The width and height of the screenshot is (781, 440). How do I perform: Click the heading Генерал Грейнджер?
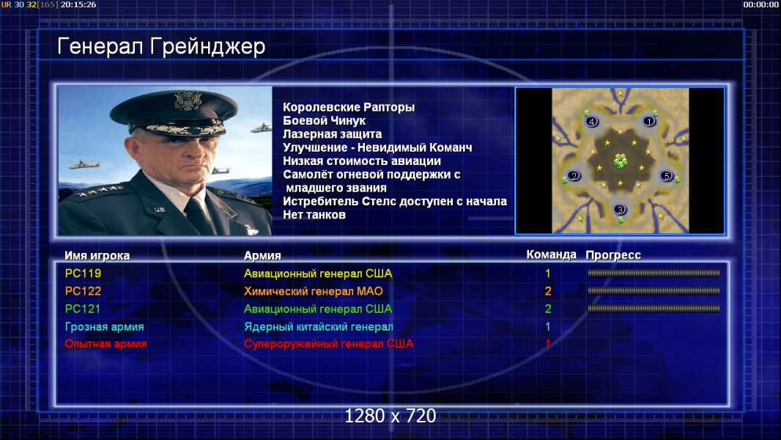[x=161, y=47]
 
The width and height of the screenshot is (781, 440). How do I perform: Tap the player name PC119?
[x=83, y=274]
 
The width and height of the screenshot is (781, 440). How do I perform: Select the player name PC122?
[x=83, y=291]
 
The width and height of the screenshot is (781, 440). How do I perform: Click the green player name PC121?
[x=83, y=309]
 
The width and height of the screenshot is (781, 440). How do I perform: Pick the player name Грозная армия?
[x=104, y=327]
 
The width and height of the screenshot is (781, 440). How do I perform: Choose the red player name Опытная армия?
[x=106, y=344]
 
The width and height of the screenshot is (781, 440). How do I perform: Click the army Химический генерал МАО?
[x=314, y=291]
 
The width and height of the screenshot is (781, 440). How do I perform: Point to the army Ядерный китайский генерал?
[x=318, y=327]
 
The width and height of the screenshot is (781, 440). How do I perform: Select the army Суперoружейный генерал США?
[x=328, y=344]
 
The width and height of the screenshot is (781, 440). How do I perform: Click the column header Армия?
[x=262, y=256]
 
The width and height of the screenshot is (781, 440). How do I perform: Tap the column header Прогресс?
[x=613, y=255]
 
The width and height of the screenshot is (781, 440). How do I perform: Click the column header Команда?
[x=552, y=254]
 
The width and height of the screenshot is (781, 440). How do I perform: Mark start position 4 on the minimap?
[x=591, y=121]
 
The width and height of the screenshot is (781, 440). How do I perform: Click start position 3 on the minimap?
[x=620, y=210]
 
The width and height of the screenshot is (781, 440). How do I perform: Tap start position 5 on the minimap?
[x=667, y=176]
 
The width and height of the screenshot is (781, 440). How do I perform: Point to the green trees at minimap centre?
[x=620, y=161]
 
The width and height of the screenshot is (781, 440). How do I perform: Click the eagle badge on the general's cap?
[x=188, y=100]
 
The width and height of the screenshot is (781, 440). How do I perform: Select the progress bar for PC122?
[x=654, y=291]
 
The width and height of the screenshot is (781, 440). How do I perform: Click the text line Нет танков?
[x=314, y=216]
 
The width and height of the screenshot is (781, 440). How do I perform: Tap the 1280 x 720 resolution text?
[x=390, y=416]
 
